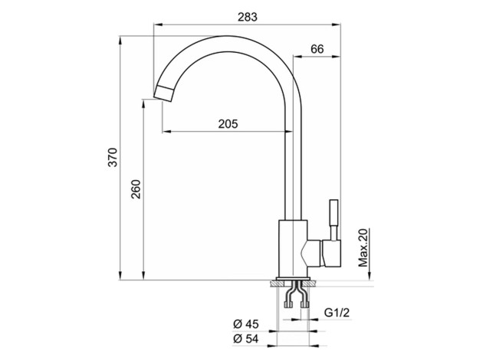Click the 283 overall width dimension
pos(248,17)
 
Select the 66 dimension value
pos(317,49)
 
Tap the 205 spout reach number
pos(228,123)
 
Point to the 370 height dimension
pos(113,157)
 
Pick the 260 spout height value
pos(136,189)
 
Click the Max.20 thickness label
pos(363,247)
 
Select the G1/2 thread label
pos(337,313)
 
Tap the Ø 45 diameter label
pos(246,324)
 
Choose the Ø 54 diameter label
pos(246,339)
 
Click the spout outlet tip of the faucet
pos(163,93)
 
